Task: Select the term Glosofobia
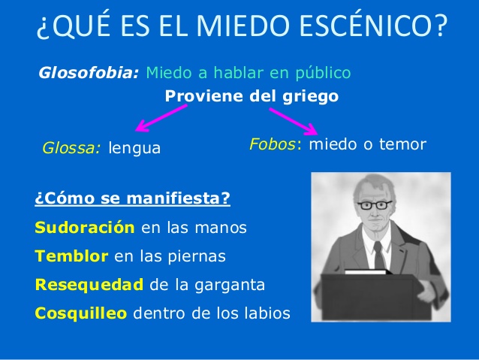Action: tap(89, 73)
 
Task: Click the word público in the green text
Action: tap(323, 74)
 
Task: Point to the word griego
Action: tap(310, 97)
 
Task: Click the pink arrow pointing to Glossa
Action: tap(161, 118)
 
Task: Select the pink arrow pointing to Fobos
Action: tap(294, 122)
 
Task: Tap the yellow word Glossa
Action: tap(71, 148)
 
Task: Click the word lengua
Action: tap(134, 149)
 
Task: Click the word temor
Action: tap(402, 144)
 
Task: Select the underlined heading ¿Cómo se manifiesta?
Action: tap(133, 198)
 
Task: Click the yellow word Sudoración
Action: tap(85, 228)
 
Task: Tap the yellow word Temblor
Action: tap(71, 256)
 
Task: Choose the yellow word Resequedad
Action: tap(89, 284)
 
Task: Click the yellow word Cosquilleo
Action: tap(81, 313)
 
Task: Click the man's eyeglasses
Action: tap(375, 205)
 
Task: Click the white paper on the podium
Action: tap(366, 271)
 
